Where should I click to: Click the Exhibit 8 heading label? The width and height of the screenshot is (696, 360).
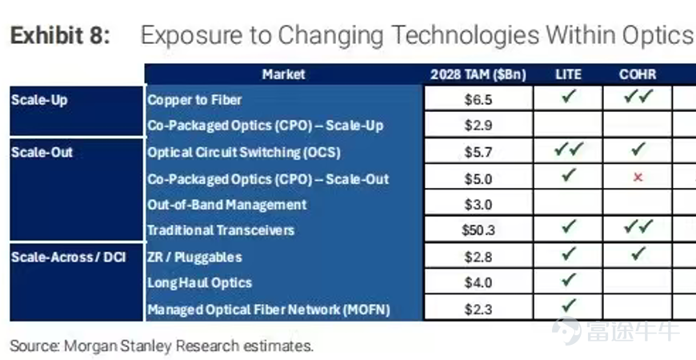click(x=60, y=36)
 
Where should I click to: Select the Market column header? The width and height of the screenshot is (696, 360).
click(x=284, y=74)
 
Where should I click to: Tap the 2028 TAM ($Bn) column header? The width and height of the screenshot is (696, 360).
click(x=478, y=74)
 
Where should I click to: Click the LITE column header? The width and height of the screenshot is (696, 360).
click(x=568, y=74)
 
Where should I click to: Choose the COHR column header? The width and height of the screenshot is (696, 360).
click(x=638, y=74)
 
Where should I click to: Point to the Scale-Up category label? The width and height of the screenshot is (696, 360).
click(x=39, y=100)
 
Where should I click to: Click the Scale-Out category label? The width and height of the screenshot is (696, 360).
click(x=42, y=152)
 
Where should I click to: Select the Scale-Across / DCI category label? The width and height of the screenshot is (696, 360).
click(x=69, y=257)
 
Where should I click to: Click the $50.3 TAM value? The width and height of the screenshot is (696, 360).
click(x=478, y=230)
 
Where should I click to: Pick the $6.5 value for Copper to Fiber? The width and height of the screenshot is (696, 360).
click(x=478, y=100)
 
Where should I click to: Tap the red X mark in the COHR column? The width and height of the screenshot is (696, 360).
click(x=638, y=178)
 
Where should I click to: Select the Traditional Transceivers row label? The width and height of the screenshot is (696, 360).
click(x=221, y=230)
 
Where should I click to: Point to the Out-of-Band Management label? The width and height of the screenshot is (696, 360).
click(x=227, y=205)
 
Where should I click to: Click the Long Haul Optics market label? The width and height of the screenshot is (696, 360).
click(x=199, y=282)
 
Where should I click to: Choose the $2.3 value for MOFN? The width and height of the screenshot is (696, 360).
click(x=478, y=309)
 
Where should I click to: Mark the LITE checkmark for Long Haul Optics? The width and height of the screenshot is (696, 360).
click(x=569, y=280)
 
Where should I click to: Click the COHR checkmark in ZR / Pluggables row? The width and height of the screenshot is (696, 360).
click(x=638, y=254)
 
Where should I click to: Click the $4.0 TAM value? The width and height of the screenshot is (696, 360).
click(x=478, y=282)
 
